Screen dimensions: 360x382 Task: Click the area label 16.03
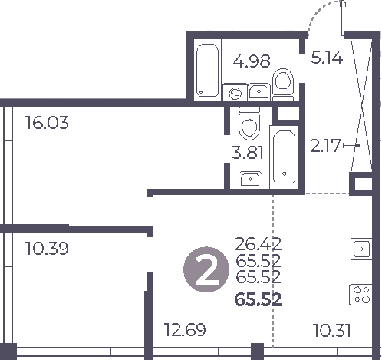[x=47, y=123]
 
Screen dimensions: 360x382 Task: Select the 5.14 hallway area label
[x=325, y=56]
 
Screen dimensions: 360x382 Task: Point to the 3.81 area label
[x=248, y=152]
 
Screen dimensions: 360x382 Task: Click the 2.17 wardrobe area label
[x=324, y=144]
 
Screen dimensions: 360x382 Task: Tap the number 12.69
[x=184, y=332]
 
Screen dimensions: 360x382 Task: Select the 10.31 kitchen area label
[x=333, y=332]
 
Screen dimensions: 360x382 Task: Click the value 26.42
[x=259, y=244]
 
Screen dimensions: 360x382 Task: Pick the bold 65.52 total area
[x=259, y=299]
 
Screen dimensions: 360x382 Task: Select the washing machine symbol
[x=235, y=94]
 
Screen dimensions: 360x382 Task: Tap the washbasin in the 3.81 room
[x=249, y=180]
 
